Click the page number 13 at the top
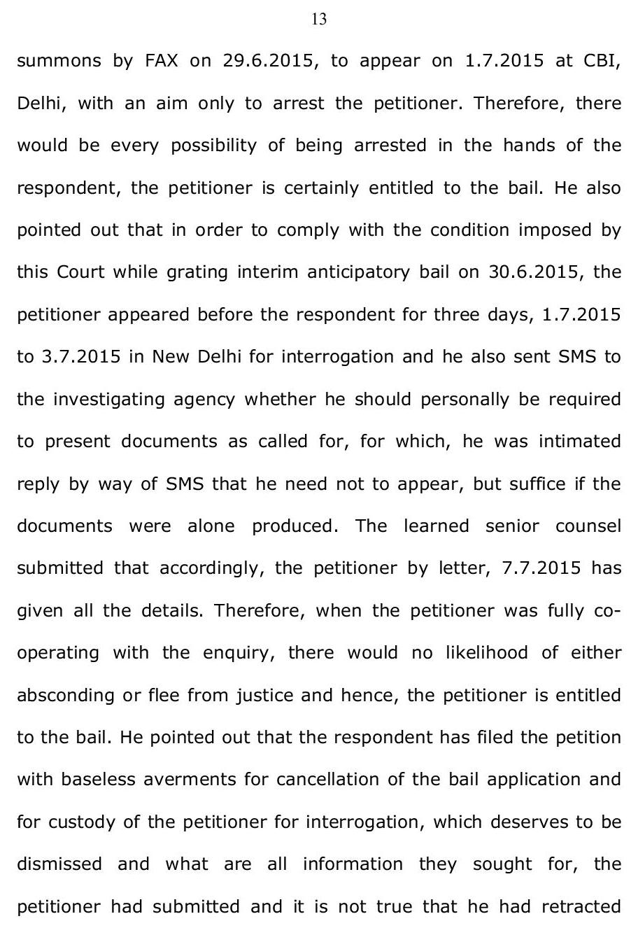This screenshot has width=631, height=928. [x=318, y=20]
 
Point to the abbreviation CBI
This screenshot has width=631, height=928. [x=602, y=60]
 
